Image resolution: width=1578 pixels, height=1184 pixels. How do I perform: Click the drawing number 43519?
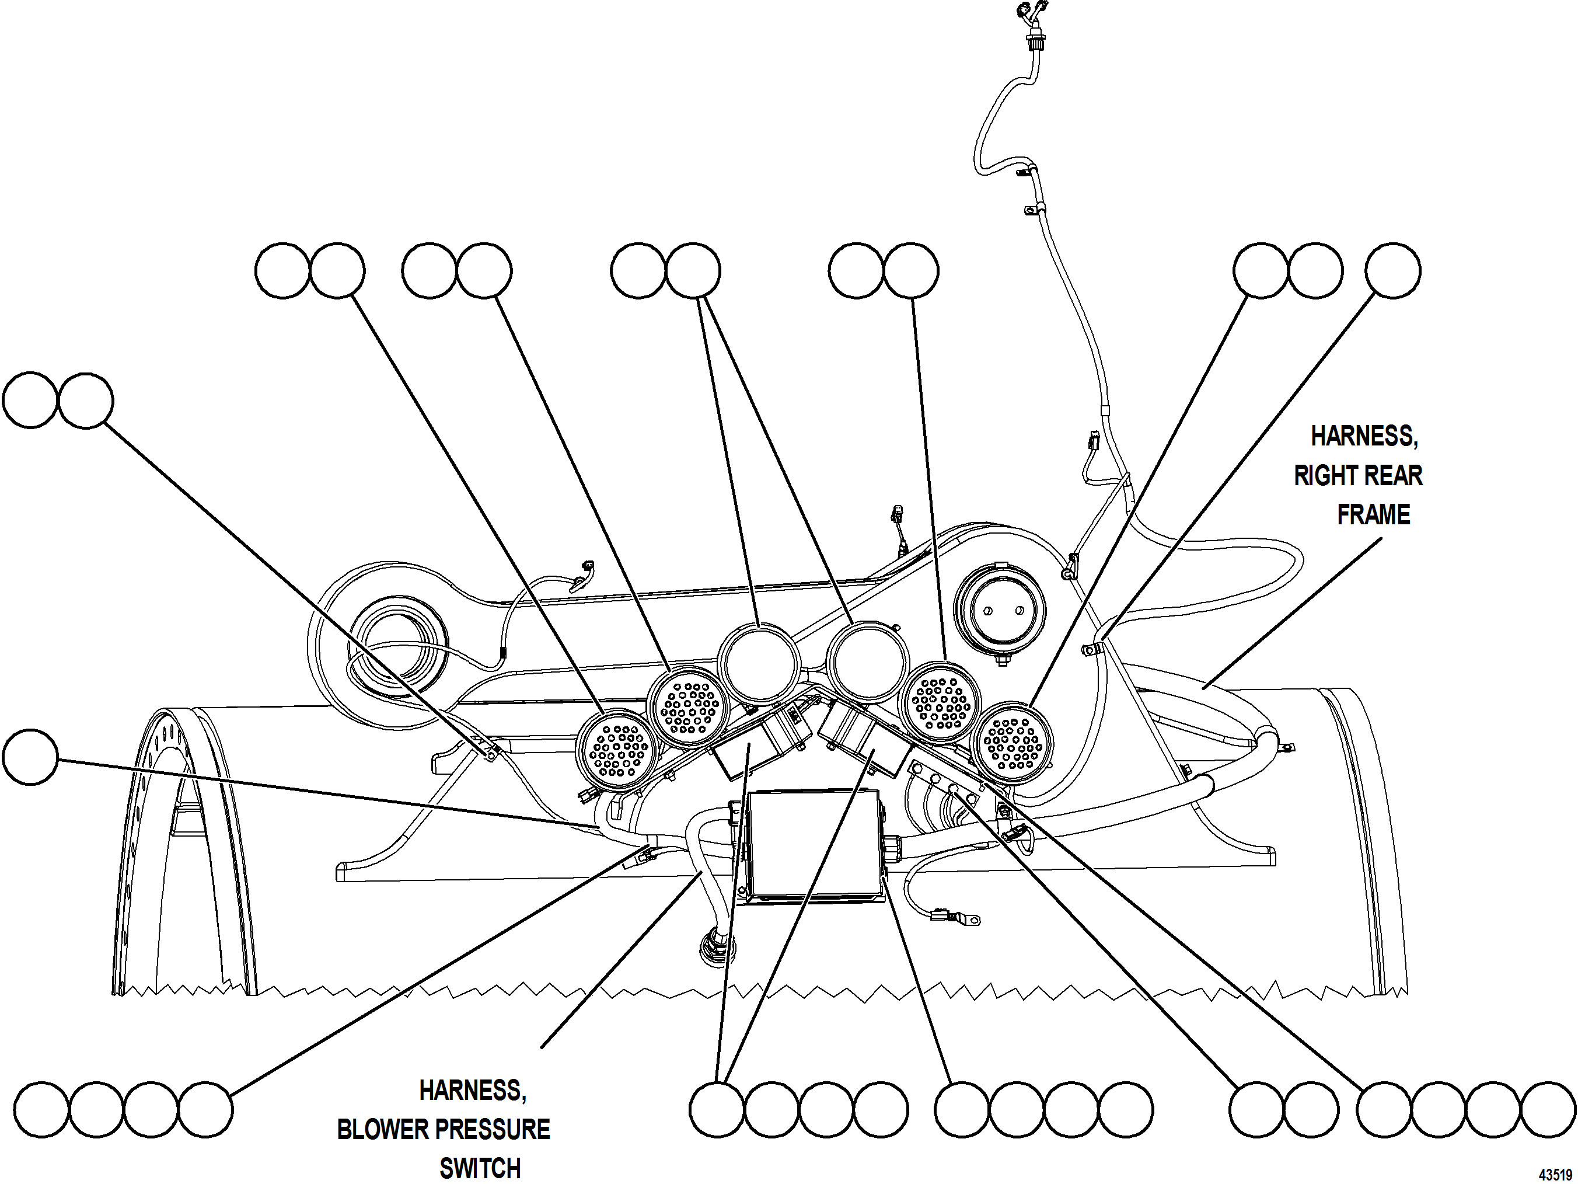pos(1555,1175)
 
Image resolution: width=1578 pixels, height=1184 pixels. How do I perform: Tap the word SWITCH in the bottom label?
pos(480,1168)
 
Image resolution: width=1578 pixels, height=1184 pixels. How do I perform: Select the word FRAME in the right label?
pos(1373,514)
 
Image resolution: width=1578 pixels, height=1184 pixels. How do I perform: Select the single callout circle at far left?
pos(30,757)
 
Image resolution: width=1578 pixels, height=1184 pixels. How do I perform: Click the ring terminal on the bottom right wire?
pos(969,921)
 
